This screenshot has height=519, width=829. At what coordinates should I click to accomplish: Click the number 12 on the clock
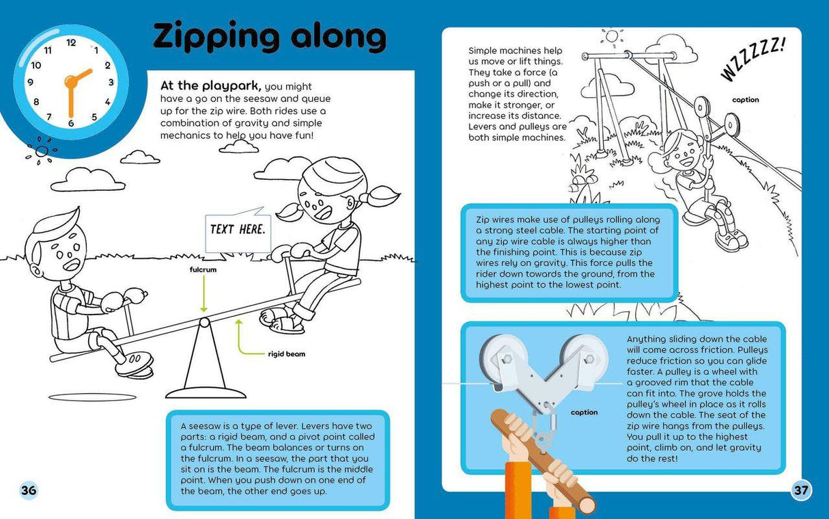pyautogui.click(x=71, y=42)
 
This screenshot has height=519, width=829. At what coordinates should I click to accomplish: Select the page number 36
pyautogui.click(x=29, y=490)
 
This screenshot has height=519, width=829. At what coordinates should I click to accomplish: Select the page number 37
pyautogui.click(x=801, y=490)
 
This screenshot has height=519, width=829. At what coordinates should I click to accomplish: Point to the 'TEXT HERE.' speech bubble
pyautogui.click(x=238, y=230)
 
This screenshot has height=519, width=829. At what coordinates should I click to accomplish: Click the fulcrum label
pyautogui.click(x=203, y=269)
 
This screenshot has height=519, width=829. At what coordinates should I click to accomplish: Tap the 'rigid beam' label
pyautogui.click(x=286, y=354)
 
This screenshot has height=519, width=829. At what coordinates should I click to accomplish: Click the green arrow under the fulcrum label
pyautogui.click(x=203, y=293)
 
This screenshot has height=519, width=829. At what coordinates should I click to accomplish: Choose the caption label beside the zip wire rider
pyautogui.click(x=746, y=100)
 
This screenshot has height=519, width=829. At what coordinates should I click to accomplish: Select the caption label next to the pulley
pyautogui.click(x=584, y=412)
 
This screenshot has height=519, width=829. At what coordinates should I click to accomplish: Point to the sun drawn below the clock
pyautogui.click(x=42, y=151)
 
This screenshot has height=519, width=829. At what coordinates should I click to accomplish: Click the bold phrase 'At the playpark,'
pyautogui.click(x=211, y=86)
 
